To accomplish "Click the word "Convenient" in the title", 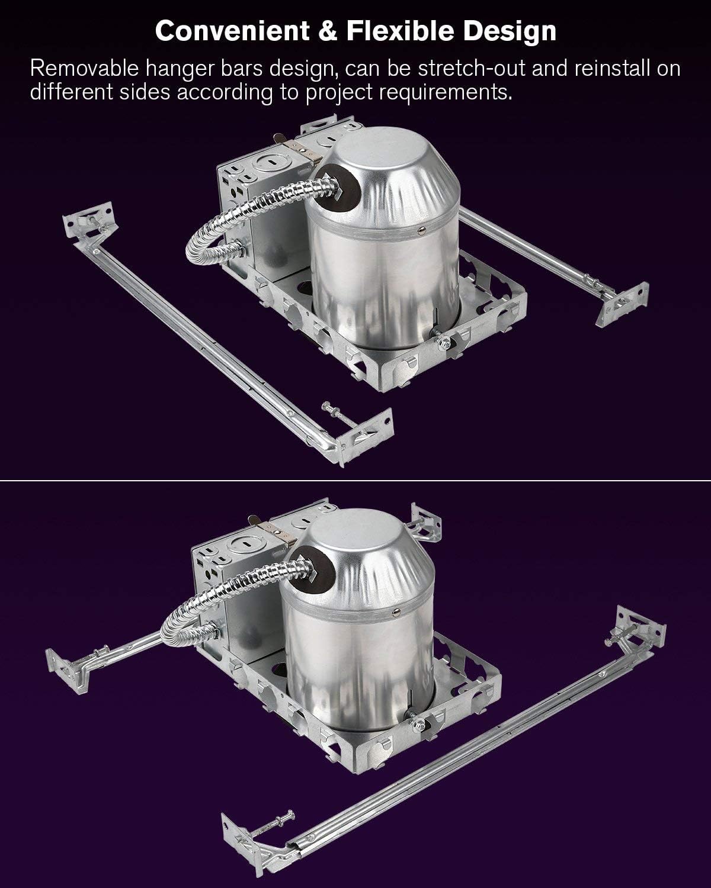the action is [232, 31].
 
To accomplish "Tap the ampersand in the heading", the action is [328, 31].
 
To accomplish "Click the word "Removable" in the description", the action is [85, 69].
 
